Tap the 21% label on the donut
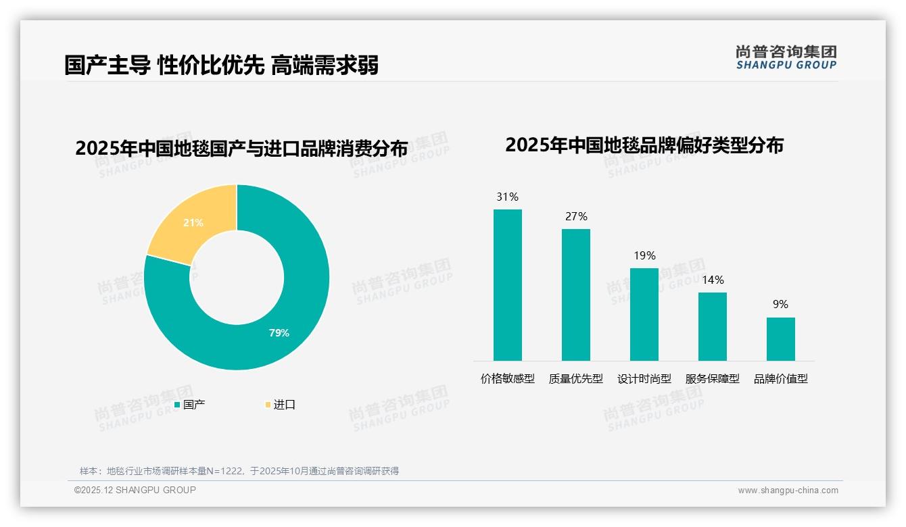tap(193, 222)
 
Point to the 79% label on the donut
tap(279, 332)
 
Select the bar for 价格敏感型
tap(507, 284)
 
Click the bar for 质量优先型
tap(575, 295)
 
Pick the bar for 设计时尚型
tap(644, 314)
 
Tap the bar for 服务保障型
tap(712, 326)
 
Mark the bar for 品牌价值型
tap(780, 338)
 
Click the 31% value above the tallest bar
tap(507, 197)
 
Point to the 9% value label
tap(780, 305)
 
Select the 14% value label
tap(712, 280)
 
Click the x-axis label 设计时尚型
tap(644, 379)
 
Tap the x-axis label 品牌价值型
tap(780, 379)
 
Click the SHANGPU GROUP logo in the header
tap(786, 57)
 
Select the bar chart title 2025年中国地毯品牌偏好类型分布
tap(644, 145)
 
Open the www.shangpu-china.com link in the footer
tap(788, 491)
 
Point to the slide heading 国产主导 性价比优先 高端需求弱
tap(221, 65)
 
